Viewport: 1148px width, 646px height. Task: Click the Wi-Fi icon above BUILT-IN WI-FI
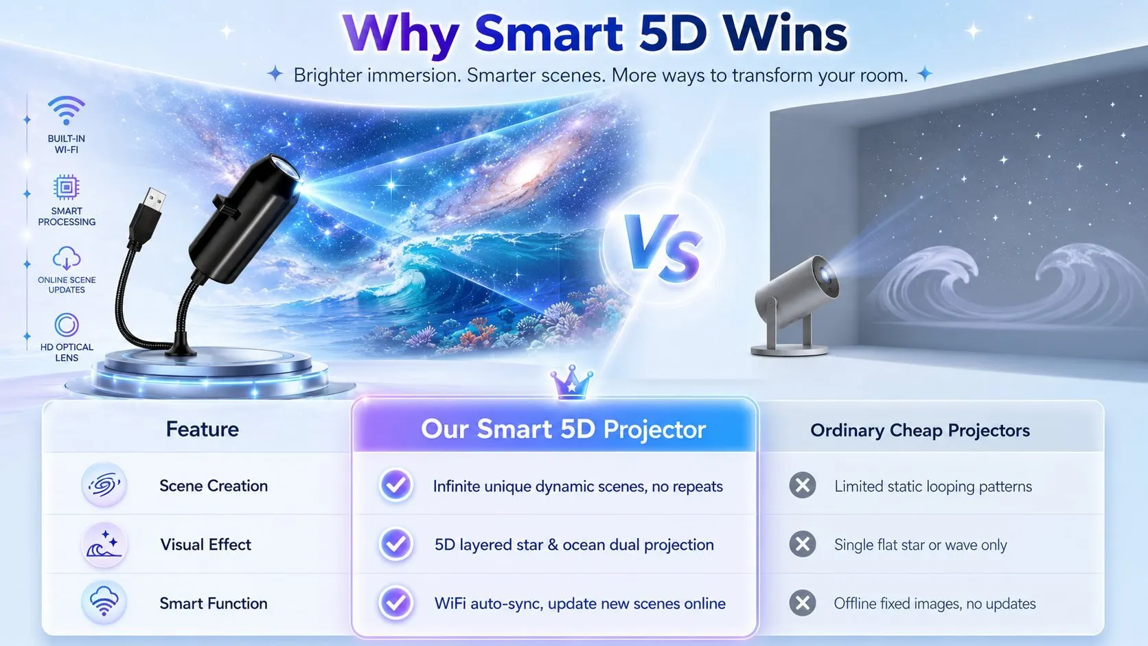tap(66, 110)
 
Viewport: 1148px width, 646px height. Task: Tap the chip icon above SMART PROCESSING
tap(67, 187)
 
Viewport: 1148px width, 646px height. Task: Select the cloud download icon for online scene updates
tap(67, 257)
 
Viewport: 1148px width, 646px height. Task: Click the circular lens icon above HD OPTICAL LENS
tap(67, 325)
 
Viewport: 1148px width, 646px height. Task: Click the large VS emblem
tap(663, 247)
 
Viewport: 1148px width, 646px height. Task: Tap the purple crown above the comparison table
tap(571, 382)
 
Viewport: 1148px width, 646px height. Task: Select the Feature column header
tap(203, 429)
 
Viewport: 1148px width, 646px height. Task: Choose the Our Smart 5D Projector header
tap(563, 429)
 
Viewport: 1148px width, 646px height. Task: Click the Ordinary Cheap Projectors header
tap(920, 430)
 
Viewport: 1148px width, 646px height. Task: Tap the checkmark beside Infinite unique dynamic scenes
tap(395, 485)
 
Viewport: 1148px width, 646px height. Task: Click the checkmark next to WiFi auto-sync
tap(395, 603)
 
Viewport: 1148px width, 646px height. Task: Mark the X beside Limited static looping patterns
tap(803, 485)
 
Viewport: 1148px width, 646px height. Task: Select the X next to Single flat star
tap(803, 544)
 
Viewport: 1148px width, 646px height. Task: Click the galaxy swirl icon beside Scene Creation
tap(104, 485)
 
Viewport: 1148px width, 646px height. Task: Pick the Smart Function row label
tap(214, 603)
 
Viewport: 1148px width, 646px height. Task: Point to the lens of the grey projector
tap(827, 275)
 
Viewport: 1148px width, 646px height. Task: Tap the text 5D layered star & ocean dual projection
tap(574, 544)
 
